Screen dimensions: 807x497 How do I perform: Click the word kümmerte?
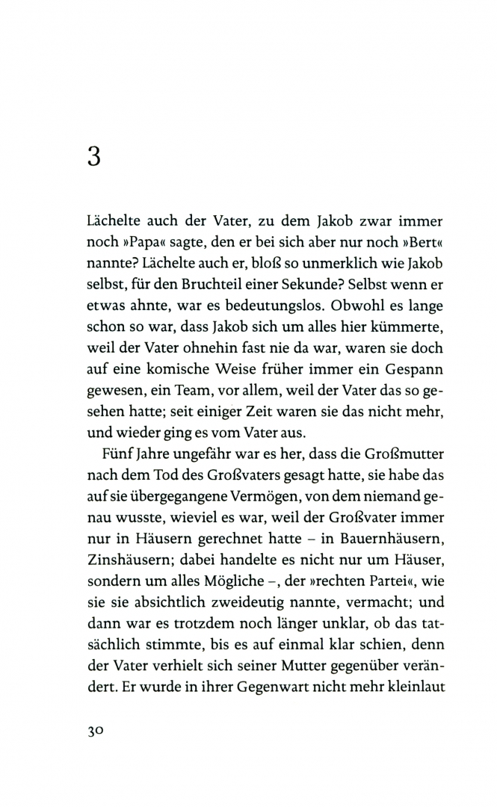tap(406, 328)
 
